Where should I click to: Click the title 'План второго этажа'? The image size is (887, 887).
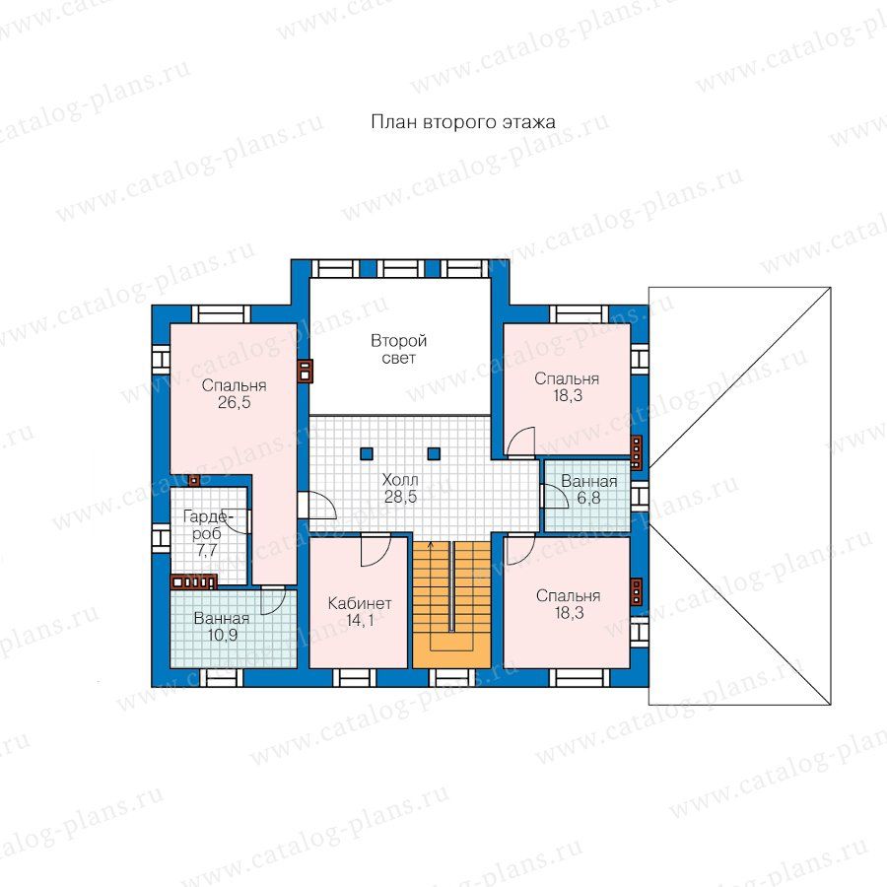click(x=463, y=122)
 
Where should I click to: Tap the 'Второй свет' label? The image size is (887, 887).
click(x=399, y=349)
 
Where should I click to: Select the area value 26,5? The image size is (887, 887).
click(x=235, y=403)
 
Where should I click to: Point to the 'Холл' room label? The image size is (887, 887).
click(x=400, y=480)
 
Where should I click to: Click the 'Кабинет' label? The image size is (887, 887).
click(x=360, y=603)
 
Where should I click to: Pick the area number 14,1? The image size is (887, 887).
click(x=360, y=621)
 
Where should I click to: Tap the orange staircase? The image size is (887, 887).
click(x=451, y=603)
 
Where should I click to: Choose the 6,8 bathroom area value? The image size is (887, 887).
click(x=588, y=499)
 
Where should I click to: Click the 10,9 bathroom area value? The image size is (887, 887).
click(x=223, y=636)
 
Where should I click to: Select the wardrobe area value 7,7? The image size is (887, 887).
click(x=207, y=550)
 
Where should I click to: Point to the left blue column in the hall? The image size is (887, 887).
click(x=367, y=453)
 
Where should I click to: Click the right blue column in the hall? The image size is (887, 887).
click(x=434, y=453)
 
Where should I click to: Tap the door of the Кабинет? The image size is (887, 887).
click(x=375, y=549)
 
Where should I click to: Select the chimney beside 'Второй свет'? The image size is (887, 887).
click(x=305, y=372)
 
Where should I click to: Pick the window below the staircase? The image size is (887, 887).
click(x=451, y=678)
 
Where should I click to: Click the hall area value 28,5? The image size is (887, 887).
click(x=400, y=497)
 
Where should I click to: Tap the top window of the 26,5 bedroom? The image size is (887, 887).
click(x=221, y=314)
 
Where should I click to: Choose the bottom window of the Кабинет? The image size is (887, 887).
click(x=354, y=678)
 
